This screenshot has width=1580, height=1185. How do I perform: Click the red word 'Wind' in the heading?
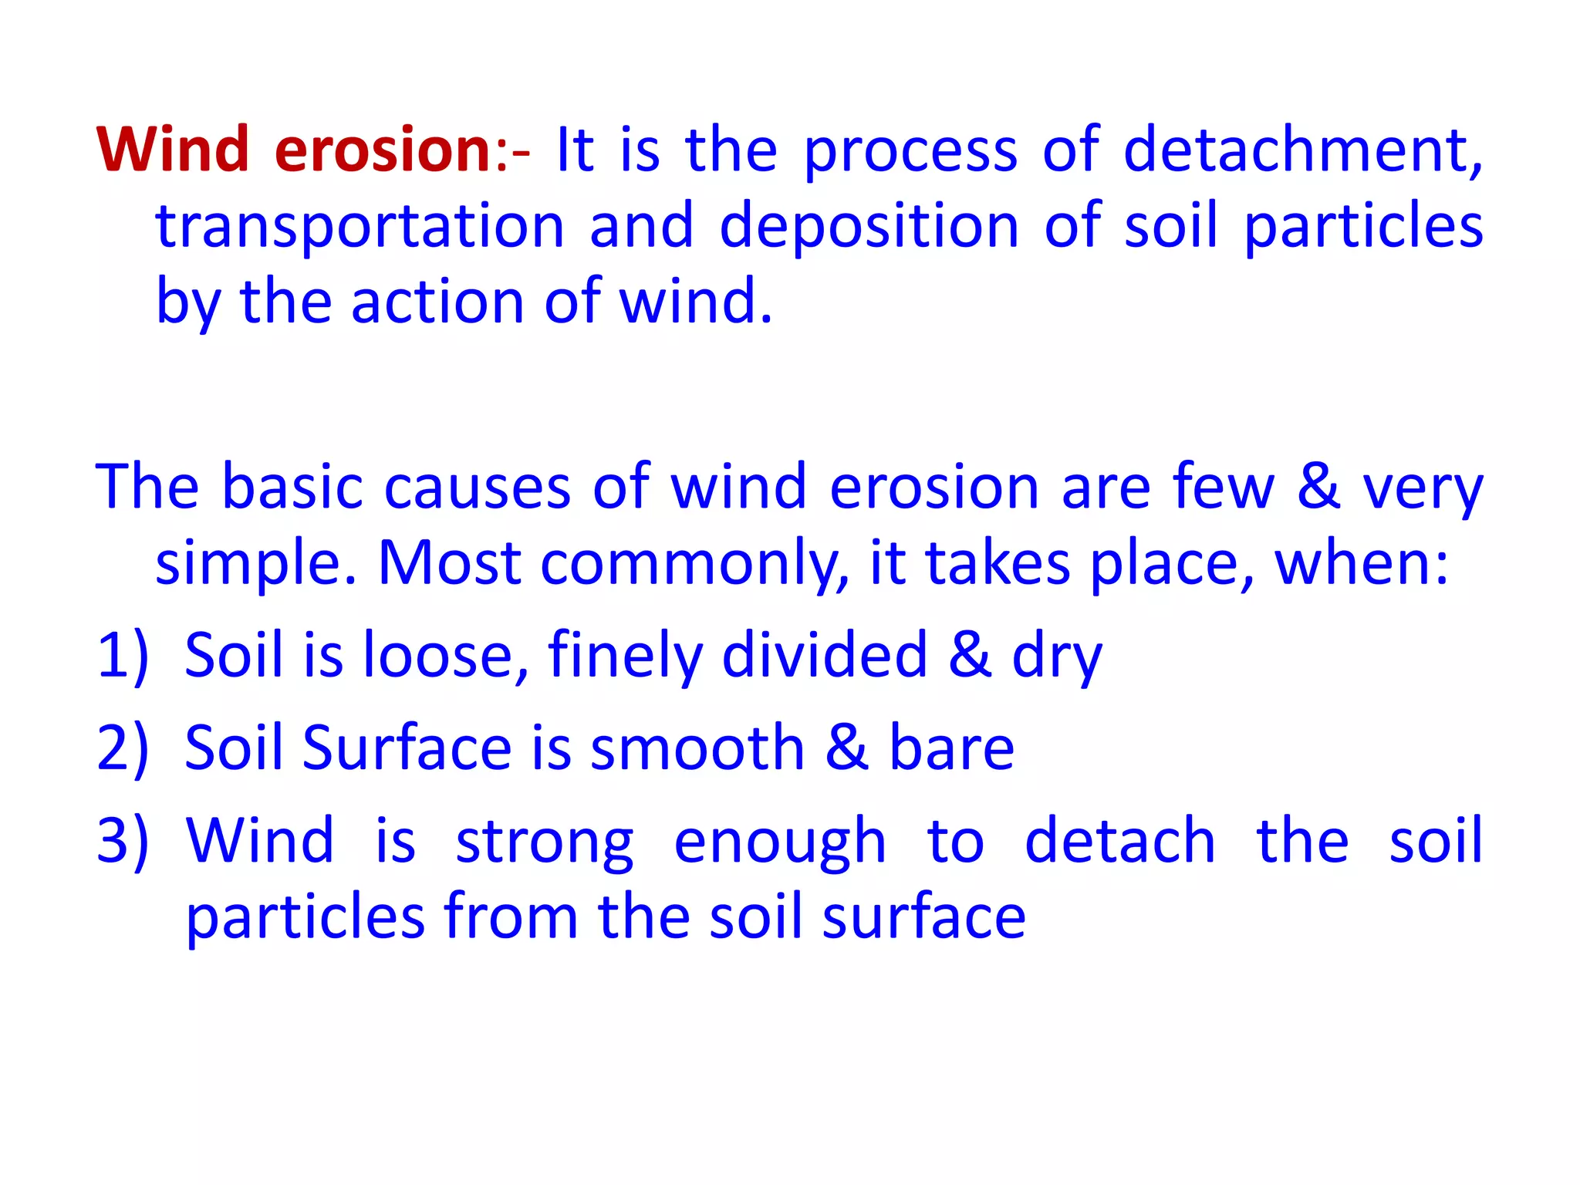(173, 149)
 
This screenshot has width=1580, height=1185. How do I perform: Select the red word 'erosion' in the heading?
(383, 149)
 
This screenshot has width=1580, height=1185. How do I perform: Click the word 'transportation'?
(360, 226)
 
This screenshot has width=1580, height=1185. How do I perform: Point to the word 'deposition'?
(869, 226)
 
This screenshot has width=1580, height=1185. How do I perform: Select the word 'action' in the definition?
(437, 302)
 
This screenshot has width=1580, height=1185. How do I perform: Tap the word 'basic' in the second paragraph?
(292, 487)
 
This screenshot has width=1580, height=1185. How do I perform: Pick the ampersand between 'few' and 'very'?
(1318, 487)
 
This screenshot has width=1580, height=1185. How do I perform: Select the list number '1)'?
(123, 656)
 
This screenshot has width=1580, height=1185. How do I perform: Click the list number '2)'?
(123, 748)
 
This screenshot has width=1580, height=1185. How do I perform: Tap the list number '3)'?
(123, 840)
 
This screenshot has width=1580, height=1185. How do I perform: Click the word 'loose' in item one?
(437, 656)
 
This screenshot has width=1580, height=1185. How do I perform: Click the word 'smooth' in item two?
(697, 748)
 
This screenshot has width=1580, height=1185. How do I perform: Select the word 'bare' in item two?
(951, 748)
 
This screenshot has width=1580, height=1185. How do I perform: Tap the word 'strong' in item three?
(544, 842)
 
